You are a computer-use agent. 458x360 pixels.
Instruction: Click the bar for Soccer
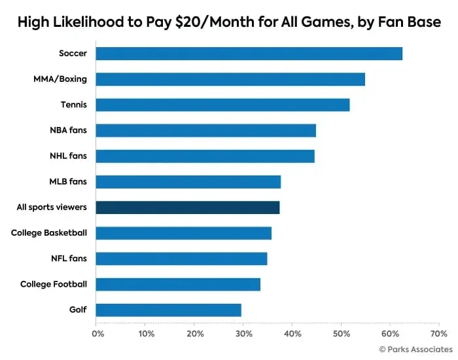pos(249,54)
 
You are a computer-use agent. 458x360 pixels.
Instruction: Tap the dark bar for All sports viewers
pos(188,207)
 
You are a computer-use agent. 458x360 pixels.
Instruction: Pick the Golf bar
pos(168,310)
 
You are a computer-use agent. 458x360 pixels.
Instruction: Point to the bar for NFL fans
pos(181,259)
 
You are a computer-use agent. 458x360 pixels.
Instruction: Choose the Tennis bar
pos(222,105)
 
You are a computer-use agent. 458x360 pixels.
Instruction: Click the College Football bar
pos(178,284)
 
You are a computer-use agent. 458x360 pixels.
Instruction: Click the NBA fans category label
pos(69,130)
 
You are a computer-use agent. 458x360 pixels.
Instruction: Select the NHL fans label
pos(69,156)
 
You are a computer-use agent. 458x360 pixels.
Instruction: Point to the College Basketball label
pos(49,233)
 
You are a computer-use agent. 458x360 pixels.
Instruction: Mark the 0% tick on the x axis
pos(97,334)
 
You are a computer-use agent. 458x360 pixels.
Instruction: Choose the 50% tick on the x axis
pos(340,334)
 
